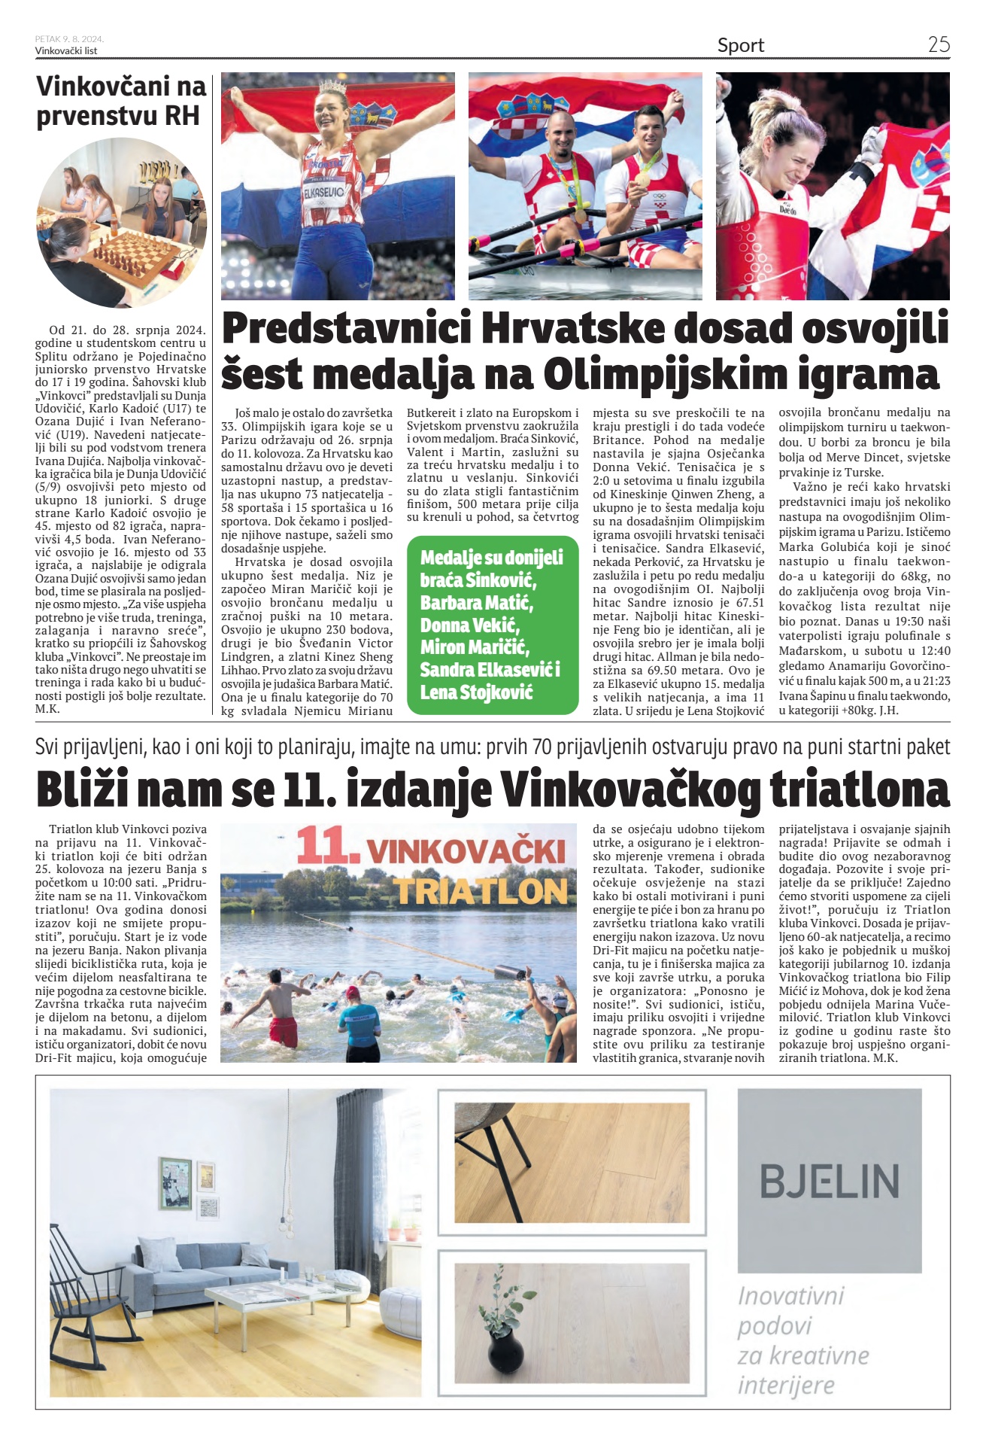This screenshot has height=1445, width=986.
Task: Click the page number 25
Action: point(938,44)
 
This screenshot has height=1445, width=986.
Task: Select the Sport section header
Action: point(740,46)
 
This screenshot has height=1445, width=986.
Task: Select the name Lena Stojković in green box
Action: point(475,692)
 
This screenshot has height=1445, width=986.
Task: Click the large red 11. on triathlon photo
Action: point(324,846)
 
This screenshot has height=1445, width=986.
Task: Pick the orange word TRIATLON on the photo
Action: point(481,891)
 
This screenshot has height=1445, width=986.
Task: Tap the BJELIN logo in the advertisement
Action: point(829,1181)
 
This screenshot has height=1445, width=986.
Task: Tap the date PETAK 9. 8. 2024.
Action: point(69,39)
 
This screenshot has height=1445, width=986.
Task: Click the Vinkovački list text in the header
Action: point(66,51)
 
